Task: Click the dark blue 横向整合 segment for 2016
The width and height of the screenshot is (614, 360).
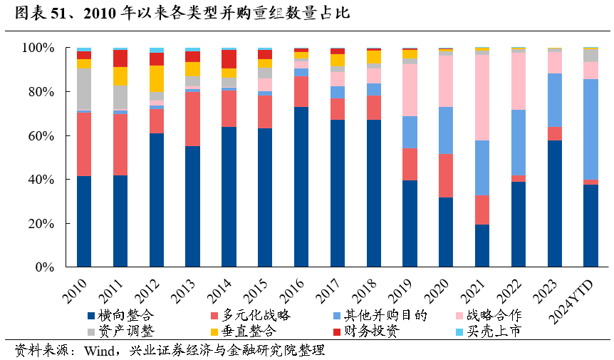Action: coord(301,187)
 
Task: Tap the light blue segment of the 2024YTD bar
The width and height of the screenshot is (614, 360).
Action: coord(591,129)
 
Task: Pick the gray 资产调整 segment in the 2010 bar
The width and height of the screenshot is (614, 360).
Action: coord(84,89)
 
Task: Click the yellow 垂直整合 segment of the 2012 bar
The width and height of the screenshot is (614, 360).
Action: coord(157,78)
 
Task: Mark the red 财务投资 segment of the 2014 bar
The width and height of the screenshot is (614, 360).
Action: coord(229,58)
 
